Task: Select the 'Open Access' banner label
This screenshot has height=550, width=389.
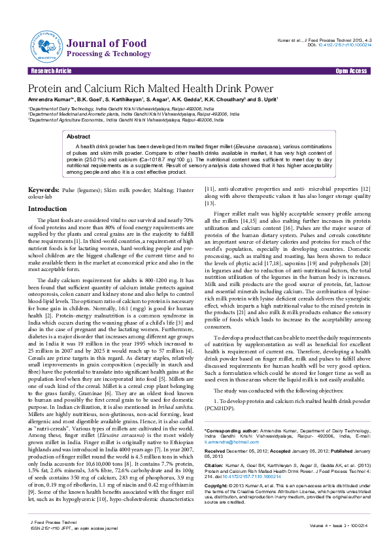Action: point(351,70)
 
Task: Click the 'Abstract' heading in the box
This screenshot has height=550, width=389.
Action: point(80,137)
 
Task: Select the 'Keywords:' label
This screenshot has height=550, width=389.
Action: point(42,189)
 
